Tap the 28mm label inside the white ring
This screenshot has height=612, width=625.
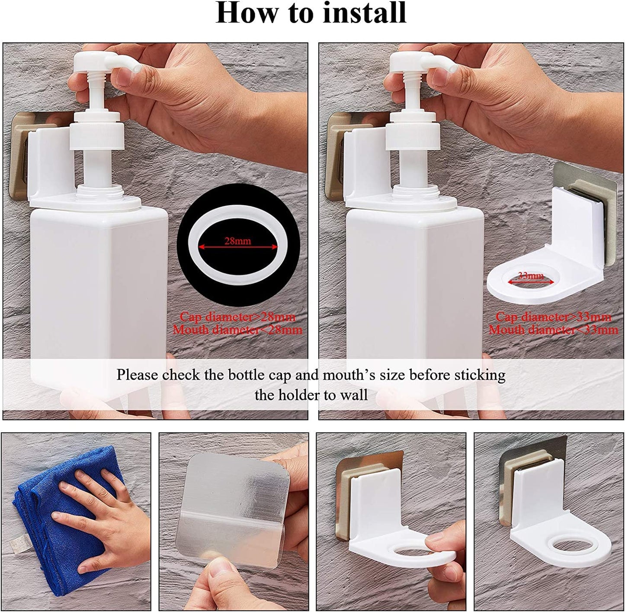237,241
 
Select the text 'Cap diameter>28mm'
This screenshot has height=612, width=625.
237,317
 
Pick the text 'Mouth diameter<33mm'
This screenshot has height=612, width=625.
553,330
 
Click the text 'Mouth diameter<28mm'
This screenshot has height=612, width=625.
237,330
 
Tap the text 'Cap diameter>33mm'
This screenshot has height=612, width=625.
553,317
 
